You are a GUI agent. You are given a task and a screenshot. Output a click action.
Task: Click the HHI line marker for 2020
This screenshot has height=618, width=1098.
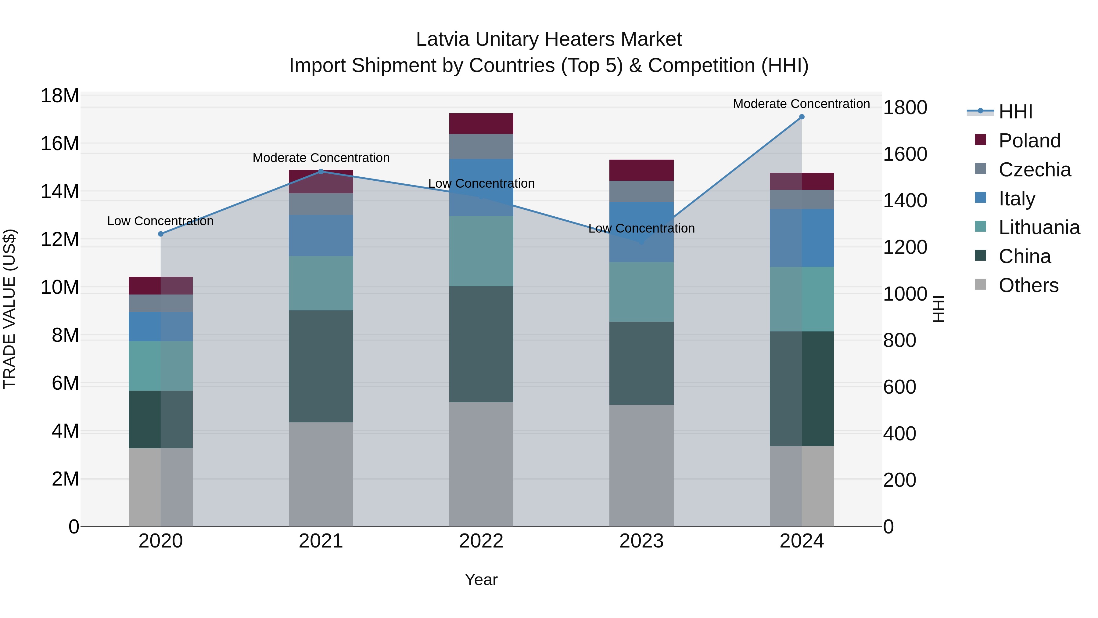tap(161, 234)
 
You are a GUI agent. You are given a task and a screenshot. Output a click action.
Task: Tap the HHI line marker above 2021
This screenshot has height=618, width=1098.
tap(321, 172)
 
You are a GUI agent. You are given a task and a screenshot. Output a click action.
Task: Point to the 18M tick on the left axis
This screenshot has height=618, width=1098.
tap(60, 96)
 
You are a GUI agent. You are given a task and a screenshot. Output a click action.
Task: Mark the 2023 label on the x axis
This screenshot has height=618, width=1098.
tap(641, 541)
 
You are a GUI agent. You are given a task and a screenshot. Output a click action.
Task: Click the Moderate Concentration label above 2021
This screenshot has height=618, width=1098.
tap(321, 158)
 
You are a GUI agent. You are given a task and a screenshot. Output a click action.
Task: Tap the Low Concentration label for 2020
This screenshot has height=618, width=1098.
tap(160, 221)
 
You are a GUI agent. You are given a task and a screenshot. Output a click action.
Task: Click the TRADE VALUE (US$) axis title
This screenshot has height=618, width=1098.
tap(9, 309)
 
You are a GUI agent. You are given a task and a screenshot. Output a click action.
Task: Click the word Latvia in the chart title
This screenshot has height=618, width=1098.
tap(443, 39)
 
